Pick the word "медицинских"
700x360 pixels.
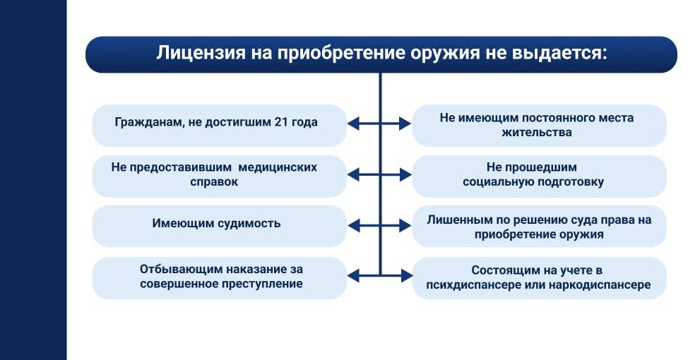click(x=278, y=167)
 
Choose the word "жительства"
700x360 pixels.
click(x=539, y=132)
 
